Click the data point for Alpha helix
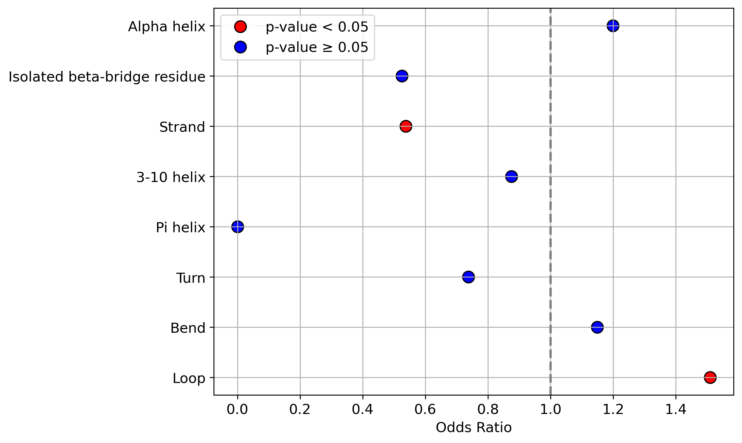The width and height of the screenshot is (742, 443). point(613,26)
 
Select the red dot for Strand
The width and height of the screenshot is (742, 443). point(406,126)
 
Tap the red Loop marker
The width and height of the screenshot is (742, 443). point(710,378)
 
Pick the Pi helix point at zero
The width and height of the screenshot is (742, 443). point(238,227)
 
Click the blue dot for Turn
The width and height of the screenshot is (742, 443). point(468,277)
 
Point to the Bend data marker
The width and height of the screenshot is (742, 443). point(597,327)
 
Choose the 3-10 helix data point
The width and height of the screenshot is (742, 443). point(512,176)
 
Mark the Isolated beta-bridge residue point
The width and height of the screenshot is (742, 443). point(402,76)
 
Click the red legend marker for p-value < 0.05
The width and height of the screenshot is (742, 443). point(240,27)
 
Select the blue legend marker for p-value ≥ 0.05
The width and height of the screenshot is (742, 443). point(240,47)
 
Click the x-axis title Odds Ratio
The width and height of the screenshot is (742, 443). point(474,428)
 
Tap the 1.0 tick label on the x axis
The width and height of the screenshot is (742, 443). point(551,409)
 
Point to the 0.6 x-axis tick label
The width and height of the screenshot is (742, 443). point(425,409)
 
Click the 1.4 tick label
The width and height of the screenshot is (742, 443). point(676,409)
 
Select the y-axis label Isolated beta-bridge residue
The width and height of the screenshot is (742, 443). point(107,77)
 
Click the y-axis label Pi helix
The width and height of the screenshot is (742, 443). point(181,228)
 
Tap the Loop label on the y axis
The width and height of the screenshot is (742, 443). point(189,379)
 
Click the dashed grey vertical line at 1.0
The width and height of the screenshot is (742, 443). point(551,202)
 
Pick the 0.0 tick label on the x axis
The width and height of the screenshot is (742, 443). point(238,409)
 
